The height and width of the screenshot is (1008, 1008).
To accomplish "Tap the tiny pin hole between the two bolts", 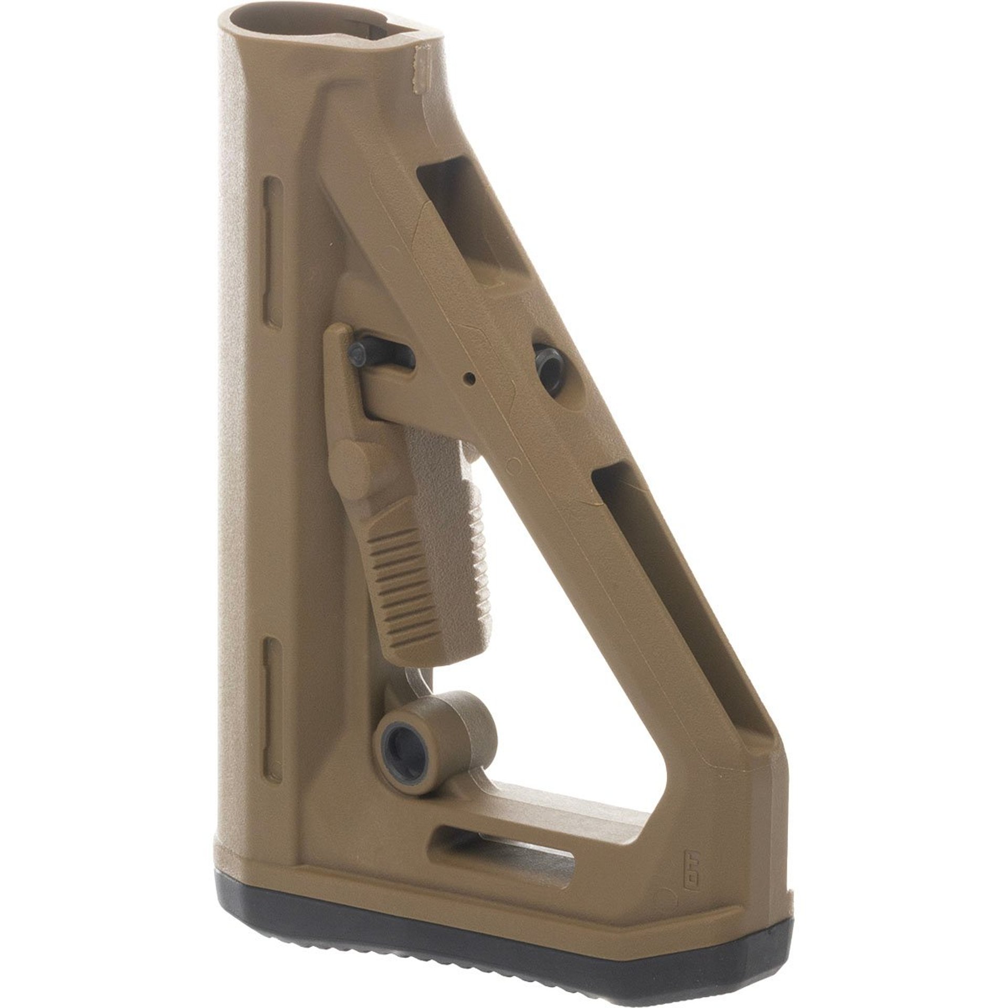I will coord(472,376).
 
